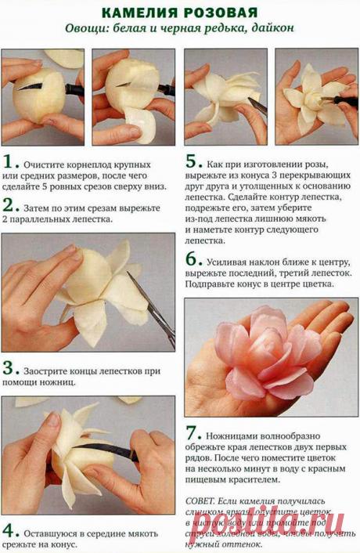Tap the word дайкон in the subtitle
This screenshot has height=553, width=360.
coord(274,30)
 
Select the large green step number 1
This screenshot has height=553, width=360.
coord(10,162)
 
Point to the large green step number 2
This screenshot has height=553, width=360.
coord(10,205)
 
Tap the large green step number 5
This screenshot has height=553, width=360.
coord(193,162)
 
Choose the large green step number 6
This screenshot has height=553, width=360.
coord(193,258)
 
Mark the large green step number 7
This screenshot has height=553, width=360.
coord(193,434)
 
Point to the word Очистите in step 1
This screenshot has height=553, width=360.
coord(46,166)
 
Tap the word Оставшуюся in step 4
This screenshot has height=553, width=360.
coord(55,532)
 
